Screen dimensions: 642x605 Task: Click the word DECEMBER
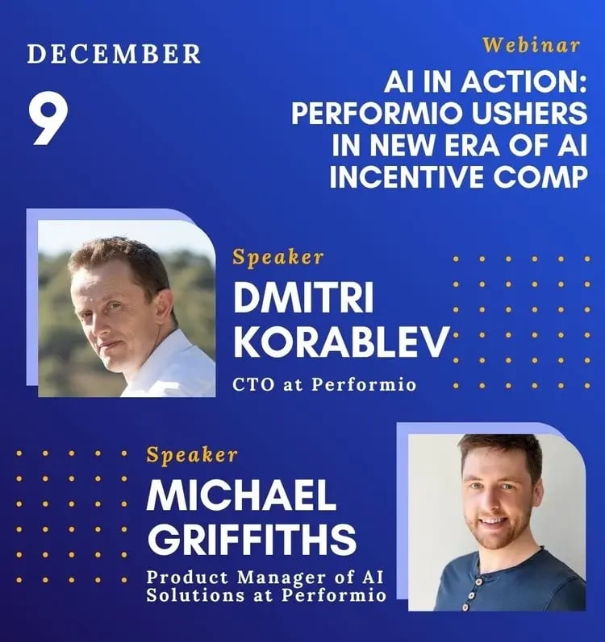[x=114, y=54]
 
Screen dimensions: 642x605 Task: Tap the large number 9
[x=49, y=119]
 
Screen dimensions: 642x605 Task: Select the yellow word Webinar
[x=532, y=44]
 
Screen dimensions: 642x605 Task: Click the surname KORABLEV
[x=340, y=343]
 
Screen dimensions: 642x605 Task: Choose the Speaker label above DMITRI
[x=278, y=258]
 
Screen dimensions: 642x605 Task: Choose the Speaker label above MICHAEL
[x=192, y=455]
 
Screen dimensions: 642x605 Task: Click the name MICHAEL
[x=241, y=497]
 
